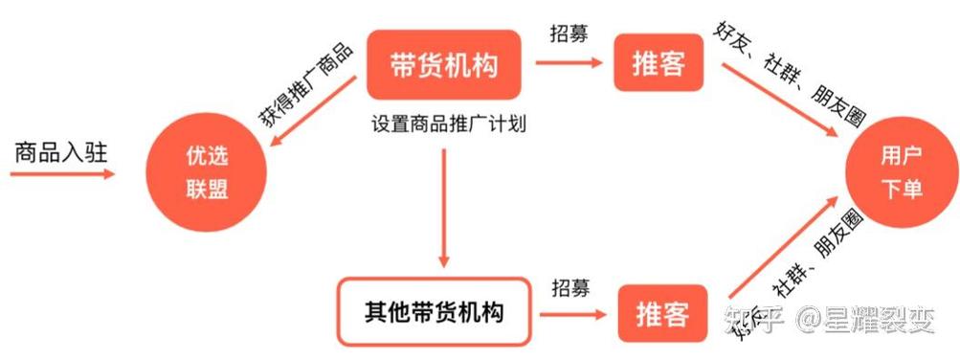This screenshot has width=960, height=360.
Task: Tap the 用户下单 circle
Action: (900, 173)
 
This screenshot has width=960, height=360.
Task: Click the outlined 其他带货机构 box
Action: (434, 312)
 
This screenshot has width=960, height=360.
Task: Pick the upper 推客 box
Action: (659, 64)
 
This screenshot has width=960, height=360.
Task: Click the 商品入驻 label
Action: (62, 151)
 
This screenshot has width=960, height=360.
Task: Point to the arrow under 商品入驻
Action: (63, 174)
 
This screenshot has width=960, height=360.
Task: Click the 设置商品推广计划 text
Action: (449, 125)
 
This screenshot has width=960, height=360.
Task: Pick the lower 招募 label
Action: (570, 286)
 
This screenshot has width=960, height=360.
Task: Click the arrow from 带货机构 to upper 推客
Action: (569, 64)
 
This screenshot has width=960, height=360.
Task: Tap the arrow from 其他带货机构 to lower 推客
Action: (571, 313)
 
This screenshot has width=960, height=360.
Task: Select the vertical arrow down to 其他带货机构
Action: (444, 206)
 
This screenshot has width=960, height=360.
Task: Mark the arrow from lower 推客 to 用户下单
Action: (780, 247)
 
